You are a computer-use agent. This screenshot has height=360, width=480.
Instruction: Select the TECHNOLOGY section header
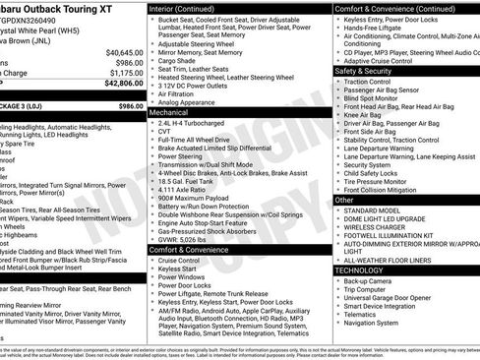point(359,269)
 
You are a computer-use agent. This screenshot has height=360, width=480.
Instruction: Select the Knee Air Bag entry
point(368,114)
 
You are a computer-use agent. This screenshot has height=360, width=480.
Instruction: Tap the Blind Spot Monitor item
point(379,97)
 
